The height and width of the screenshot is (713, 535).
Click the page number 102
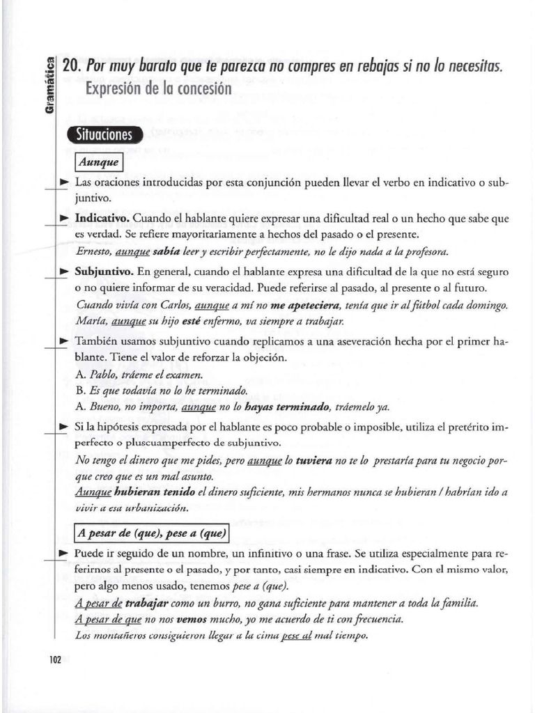click(x=56, y=659)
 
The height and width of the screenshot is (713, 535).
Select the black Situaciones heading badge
click(x=105, y=135)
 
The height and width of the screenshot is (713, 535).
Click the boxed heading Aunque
click(x=99, y=163)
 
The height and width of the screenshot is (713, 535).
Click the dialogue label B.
click(x=79, y=391)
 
